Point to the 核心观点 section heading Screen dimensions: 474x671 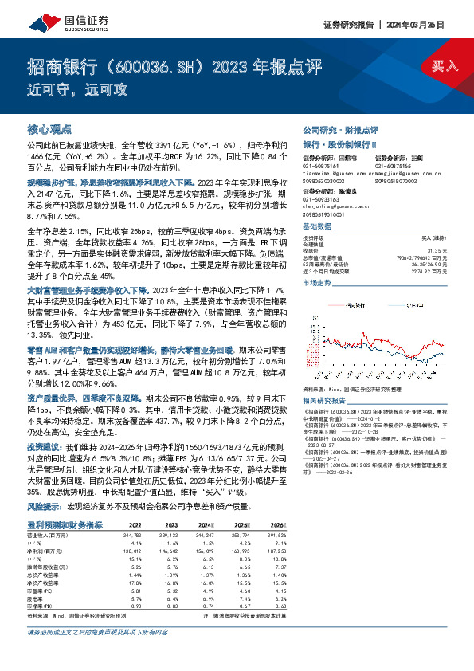pos(49,128)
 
